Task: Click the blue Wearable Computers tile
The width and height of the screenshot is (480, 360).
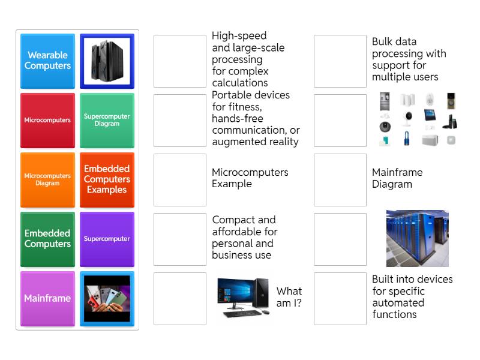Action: point(47,61)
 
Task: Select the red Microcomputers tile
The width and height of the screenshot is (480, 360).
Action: point(47,120)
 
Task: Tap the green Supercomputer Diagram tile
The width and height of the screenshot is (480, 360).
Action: point(107,120)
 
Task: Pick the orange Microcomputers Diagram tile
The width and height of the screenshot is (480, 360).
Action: point(47,179)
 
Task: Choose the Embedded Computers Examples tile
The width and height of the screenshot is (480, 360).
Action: point(107,179)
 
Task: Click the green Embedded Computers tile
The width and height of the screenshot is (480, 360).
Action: point(47,239)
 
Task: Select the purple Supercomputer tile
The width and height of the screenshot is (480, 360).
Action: point(107,239)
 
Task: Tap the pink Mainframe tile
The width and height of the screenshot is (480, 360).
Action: point(47,298)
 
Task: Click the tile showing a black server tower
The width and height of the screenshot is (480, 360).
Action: point(107,61)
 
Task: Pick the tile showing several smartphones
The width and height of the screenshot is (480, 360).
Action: point(107,298)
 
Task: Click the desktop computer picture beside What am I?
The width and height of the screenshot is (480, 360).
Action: point(244,298)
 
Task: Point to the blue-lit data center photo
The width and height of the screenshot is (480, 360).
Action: point(417,238)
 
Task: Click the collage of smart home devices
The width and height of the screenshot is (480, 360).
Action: point(417,119)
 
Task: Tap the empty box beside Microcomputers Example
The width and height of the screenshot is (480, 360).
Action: point(180,179)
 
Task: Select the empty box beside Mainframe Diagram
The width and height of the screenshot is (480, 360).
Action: point(340,179)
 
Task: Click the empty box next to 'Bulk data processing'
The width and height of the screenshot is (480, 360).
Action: point(340,61)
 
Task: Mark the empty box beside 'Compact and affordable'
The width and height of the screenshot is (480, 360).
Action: point(180,239)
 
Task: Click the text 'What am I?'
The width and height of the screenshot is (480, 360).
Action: point(289,297)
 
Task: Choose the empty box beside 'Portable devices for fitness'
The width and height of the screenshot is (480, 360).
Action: point(180,120)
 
